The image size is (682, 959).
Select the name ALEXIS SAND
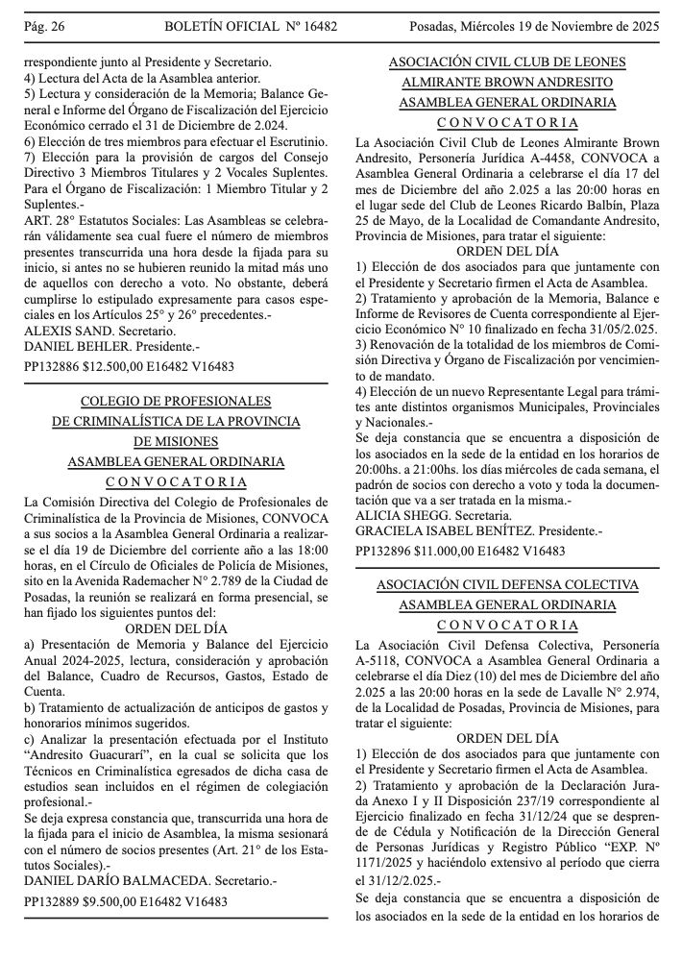[x=61, y=330]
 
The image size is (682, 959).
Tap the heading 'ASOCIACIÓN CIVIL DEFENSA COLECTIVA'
[x=507, y=584]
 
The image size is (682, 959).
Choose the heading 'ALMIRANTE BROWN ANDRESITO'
[x=507, y=83]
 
